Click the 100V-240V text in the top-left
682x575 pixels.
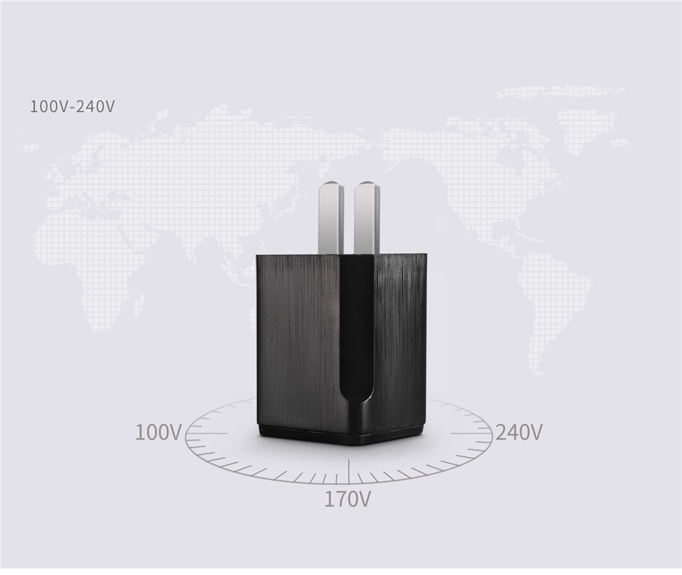pyautogui.click(x=72, y=106)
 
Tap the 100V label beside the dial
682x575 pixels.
pyautogui.click(x=158, y=433)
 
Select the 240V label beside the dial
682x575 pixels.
pyautogui.click(x=519, y=432)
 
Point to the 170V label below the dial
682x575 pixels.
pyautogui.click(x=348, y=500)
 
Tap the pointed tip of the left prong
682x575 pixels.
pyautogui.click(x=332, y=180)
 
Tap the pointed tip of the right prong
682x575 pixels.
pyautogui.click(x=367, y=180)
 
